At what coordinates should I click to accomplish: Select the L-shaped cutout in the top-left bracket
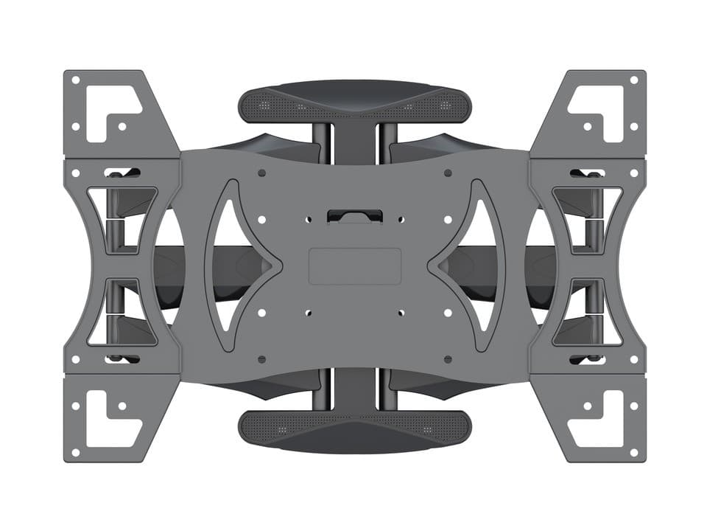click(x=110, y=111)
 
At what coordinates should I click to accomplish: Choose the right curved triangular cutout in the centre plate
click(x=473, y=265)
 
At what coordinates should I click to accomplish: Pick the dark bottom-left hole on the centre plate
click(x=261, y=359)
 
